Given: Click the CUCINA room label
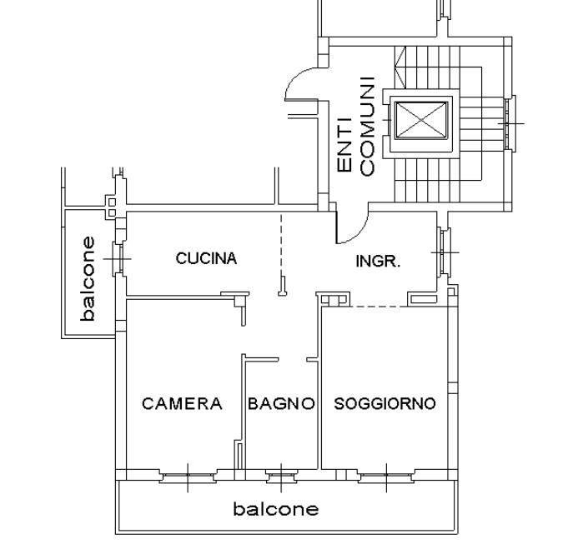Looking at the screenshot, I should coord(206,258).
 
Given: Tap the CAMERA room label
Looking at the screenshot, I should coord(182,404).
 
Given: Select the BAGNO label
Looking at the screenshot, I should coord(281,404).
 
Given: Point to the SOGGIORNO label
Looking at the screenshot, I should coord(385,404).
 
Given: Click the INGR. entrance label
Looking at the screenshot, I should coord(378,261).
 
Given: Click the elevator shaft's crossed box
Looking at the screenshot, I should coord(421,122).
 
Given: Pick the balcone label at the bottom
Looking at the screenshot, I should coord(275,508).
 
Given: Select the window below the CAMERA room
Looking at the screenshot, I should coord(187,477).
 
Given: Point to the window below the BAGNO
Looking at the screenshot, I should coord(281,477).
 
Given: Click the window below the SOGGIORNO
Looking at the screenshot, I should coord(385,477).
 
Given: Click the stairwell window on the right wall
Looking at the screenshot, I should coord(510,123).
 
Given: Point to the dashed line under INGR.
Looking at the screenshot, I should coord(377,307).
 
